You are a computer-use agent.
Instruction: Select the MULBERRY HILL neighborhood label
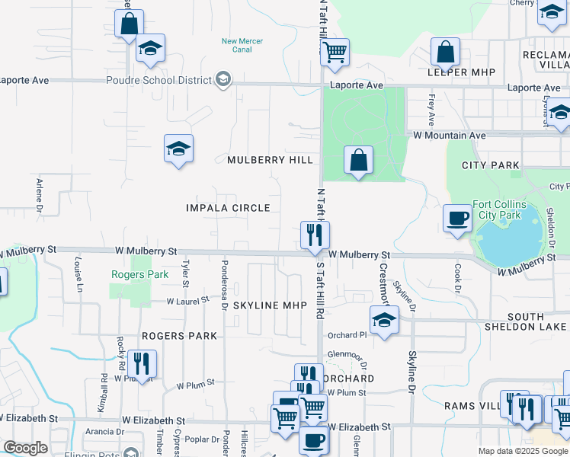point(270,160)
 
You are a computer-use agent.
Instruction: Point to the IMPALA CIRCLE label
point(228,208)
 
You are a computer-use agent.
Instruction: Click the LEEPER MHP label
point(462,72)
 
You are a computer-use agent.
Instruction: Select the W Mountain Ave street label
point(449,135)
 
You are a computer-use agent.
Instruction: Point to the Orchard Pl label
point(347,335)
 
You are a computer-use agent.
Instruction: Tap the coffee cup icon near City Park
point(458,218)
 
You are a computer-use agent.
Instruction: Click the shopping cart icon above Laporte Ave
point(335,53)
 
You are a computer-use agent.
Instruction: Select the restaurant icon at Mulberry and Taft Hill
point(315,235)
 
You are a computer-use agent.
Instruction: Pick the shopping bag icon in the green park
point(358,160)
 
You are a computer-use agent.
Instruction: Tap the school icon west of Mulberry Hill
point(178,149)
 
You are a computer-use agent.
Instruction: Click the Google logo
point(25,448)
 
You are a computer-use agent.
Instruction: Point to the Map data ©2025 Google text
point(522,451)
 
